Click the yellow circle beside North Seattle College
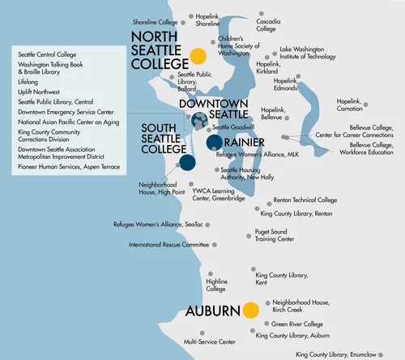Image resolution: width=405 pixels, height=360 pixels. (196, 56)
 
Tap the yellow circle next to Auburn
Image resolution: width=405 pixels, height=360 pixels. (250, 310)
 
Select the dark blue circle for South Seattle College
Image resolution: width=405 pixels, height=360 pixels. (187, 162)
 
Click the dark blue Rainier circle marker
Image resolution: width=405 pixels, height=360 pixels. (214, 143)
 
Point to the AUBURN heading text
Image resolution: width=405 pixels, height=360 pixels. (213, 311)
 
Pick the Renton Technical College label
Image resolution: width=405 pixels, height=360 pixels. (305, 199)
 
